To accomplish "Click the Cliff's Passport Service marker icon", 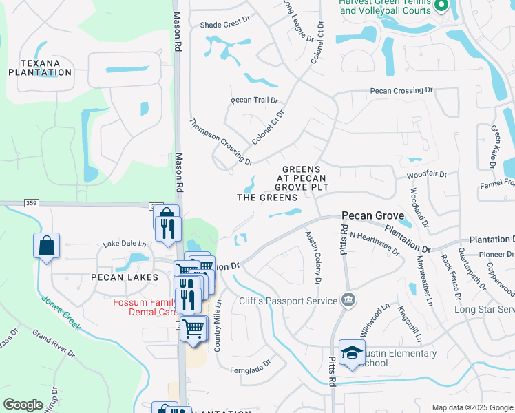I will tap(348, 300).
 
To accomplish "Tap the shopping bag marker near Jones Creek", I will tap(45, 246).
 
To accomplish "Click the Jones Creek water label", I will tap(61, 312).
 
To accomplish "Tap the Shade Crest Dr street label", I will tap(224, 24).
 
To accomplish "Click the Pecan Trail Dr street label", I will tap(254, 100).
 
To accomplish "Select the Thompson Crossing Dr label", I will tap(221, 139).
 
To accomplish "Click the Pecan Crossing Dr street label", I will tap(401, 90).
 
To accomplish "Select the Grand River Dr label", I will tap(54, 342).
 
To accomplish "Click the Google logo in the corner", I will tap(23, 405).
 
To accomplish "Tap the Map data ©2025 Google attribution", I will tap(472, 407).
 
